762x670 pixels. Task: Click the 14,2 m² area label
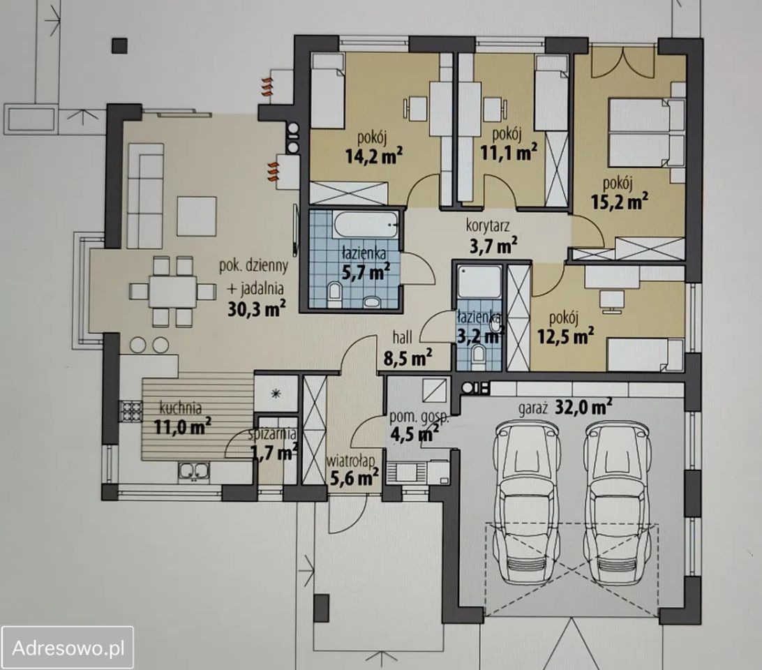click(374, 156)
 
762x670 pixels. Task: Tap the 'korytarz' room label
click(488, 225)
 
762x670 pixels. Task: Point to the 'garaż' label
click(533, 410)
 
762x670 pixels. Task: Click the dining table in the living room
click(172, 291)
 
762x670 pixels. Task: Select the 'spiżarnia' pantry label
click(272, 433)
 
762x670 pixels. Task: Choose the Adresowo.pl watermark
click(68, 648)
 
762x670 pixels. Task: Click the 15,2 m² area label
click(619, 201)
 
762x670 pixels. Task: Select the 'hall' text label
click(403, 336)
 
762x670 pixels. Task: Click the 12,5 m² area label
click(565, 336)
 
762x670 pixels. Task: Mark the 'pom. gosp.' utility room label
click(419, 417)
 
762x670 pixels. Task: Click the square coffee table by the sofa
click(196, 216)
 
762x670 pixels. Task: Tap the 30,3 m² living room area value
click(257, 308)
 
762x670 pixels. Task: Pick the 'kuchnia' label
click(180, 408)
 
